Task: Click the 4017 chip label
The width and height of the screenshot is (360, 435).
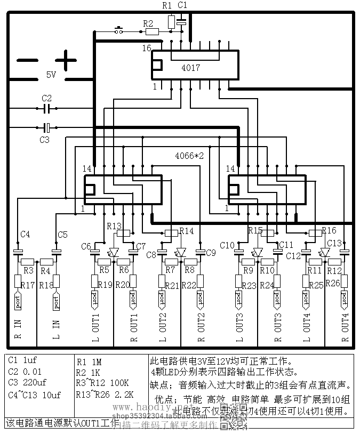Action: point(190,68)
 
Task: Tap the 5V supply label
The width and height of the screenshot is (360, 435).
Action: point(51,75)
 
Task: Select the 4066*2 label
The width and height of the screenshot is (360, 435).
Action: point(189,156)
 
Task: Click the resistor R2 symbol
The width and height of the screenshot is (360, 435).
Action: point(152,31)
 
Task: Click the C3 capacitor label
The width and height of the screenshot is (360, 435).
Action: point(44,140)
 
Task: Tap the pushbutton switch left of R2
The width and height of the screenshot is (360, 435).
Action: point(120,30)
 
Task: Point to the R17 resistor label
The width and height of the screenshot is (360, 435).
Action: point(27,286)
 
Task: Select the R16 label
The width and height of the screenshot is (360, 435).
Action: point(329,230)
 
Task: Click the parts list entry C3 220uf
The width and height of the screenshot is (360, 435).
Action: point(28,382)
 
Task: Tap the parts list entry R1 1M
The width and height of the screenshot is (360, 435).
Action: point(90,361)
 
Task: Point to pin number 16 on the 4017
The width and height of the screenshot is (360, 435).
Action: point(147,49)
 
